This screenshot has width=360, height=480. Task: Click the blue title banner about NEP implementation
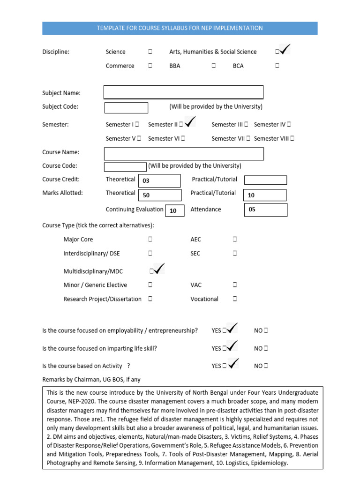point(180,28)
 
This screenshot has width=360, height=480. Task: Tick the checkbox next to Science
point(150,52)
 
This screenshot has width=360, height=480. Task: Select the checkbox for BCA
point(277,66)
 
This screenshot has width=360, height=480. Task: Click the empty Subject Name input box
point(183,92)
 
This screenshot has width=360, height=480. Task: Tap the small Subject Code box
point(126,107)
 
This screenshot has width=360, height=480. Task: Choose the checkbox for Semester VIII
point(292,138)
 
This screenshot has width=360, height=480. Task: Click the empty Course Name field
point(184,154)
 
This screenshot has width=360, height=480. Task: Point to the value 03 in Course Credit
point(146,180)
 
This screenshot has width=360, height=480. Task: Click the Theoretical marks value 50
point(146,195)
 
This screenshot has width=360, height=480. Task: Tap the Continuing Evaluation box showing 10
point(173,211)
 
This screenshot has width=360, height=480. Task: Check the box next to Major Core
point(150,239)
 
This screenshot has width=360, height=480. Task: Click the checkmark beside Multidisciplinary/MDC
point(157,270)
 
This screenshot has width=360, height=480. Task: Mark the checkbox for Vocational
point(235,299)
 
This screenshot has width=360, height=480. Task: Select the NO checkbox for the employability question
point(266,330)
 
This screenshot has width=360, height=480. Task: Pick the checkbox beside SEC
point(235,253)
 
